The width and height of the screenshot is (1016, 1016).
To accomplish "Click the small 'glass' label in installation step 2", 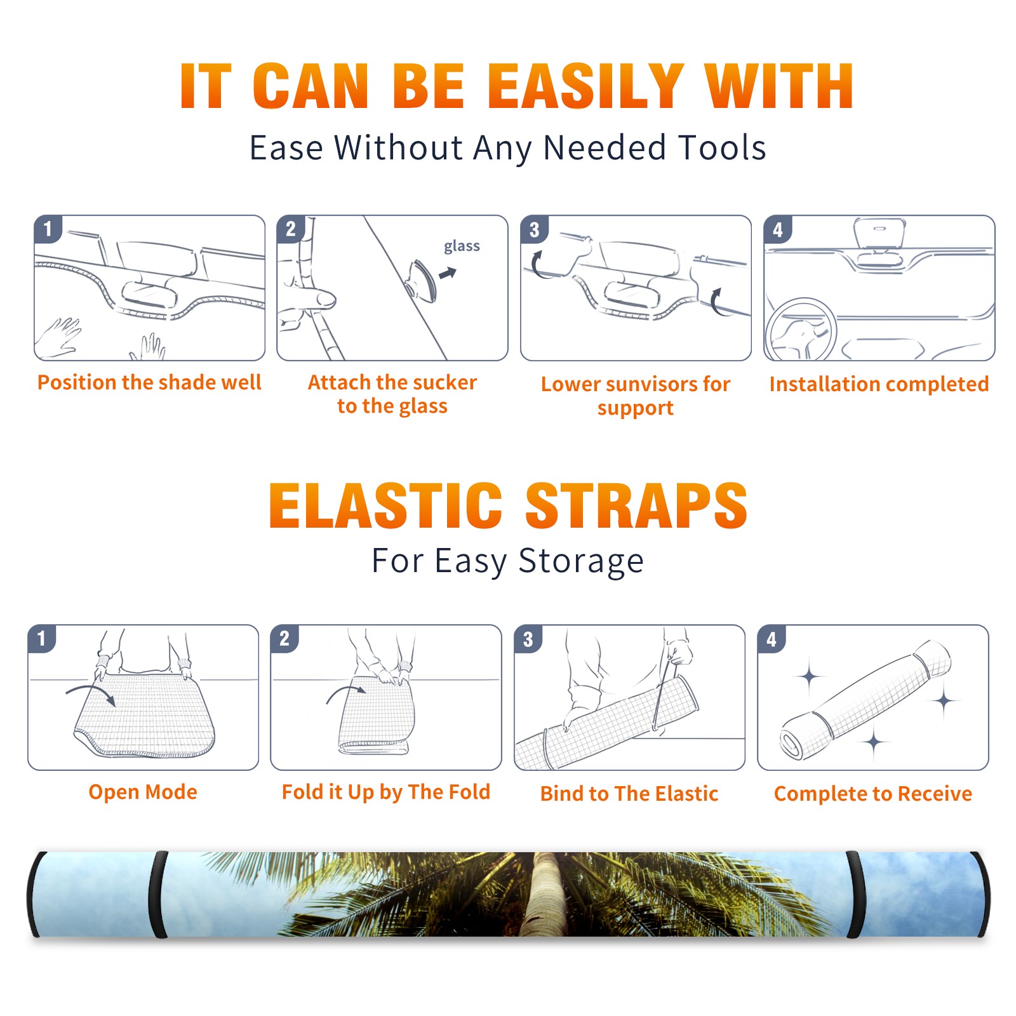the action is (462, 246).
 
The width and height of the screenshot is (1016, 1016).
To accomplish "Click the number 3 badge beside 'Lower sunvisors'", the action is (534, 229).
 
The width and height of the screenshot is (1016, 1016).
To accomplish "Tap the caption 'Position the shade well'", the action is (149, 382).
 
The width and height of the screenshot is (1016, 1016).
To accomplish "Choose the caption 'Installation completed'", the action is (879, 384).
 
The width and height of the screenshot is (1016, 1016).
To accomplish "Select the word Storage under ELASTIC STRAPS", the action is (581, 561).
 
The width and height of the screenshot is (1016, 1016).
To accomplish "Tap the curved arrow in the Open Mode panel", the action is (91, 693).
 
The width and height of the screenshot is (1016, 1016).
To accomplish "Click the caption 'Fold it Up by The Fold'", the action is (386, 792).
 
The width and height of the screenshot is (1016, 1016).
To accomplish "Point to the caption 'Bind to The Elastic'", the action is (629, 794).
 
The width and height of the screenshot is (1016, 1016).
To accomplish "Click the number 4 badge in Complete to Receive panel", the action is (772, 639).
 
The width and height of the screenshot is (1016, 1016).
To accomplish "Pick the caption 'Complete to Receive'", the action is (873, 794).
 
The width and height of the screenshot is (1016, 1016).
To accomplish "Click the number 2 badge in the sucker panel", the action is (290, 229).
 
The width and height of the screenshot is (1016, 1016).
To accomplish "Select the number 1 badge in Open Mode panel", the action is (42, 639).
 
